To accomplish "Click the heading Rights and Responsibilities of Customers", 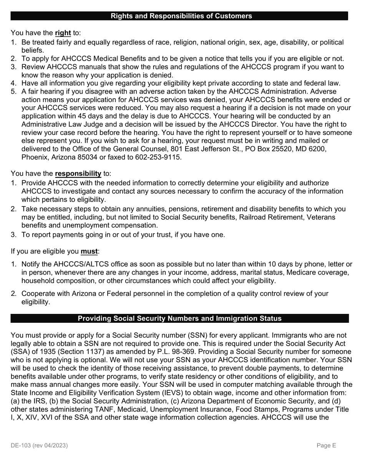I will [181, 16].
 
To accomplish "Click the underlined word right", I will [63, 33].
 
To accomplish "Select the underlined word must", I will [89, 252].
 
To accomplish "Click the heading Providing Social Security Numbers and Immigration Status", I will [179, 319].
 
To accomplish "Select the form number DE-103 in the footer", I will [21, 446].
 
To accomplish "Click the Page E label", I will [326, 446].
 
